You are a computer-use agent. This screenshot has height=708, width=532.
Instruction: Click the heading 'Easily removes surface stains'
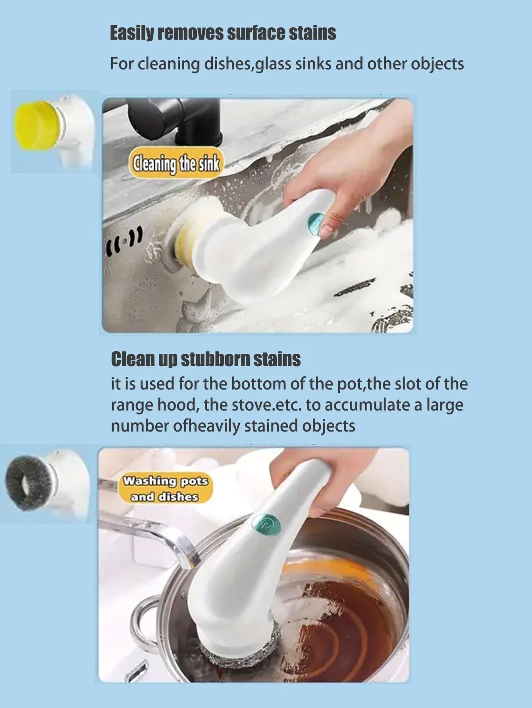(223, 33)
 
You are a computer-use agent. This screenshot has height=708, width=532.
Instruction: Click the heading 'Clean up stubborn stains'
(206, 359)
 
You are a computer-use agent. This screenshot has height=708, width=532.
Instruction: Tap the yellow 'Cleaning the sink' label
(176, 163)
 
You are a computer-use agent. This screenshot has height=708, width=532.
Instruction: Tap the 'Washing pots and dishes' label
(165, 489)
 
